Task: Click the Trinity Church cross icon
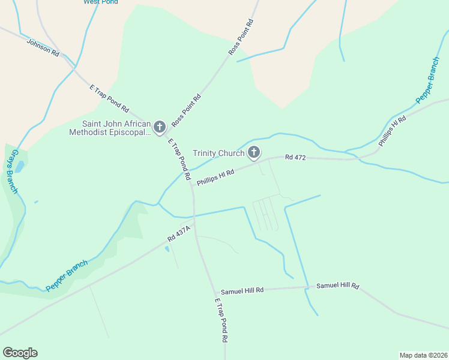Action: coord(254,152)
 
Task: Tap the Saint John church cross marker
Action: coord(159,127)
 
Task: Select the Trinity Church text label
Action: coord(218,153)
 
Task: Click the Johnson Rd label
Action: coord(43,48)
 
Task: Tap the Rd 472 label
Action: coord(296,158)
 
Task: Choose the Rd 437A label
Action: coord(179,233)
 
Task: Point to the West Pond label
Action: coord(101,2)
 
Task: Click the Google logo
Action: coord(20,353)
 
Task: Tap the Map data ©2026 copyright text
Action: coord(423,355)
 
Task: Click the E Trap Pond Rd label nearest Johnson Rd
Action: coord(109,99)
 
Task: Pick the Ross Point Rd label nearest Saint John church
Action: coord(186,110)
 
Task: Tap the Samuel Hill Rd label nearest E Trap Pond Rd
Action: coord(243,291)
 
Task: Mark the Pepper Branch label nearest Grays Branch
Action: coord(67,275)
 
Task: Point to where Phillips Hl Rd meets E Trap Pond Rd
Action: coord(192,184)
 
